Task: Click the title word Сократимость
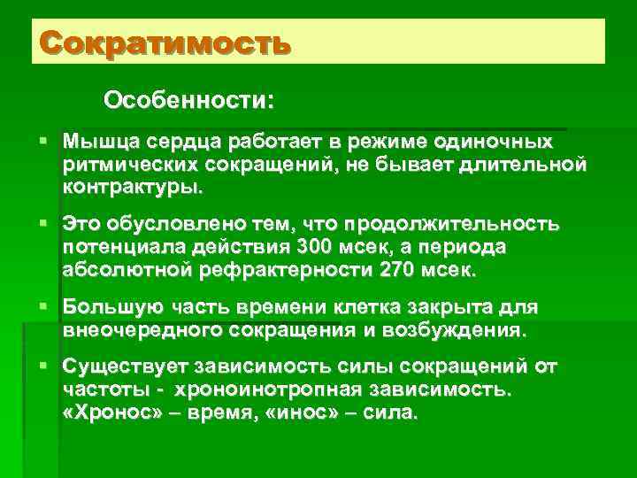point(165,42)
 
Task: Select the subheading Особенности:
point(188,99)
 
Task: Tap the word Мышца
point(96,142)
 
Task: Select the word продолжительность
point(452,223)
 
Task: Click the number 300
point(315,246)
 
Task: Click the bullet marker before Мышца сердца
point(44,142)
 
